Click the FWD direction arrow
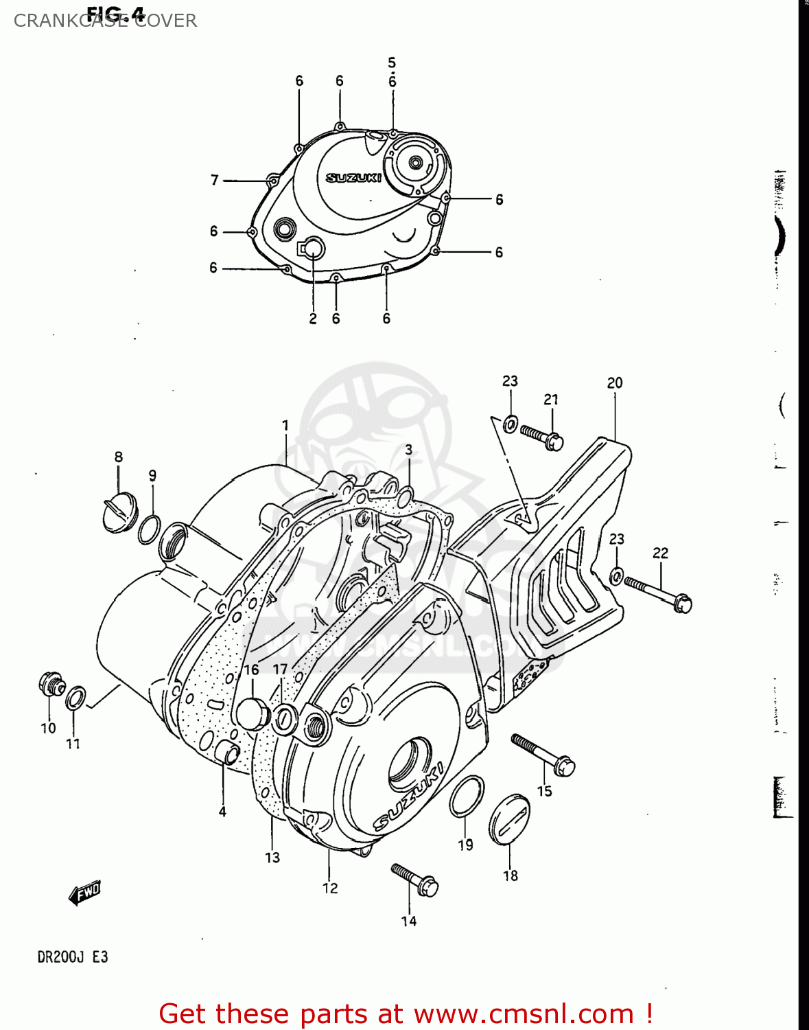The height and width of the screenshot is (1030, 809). pyautogui.click(x=85, y=893)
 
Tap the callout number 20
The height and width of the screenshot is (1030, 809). pyautogui.click(x=614, y=383)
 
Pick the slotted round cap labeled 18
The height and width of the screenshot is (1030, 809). pyautogui.click(x=509, y=820)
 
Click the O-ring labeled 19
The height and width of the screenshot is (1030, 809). pyautogui.click(x=467, y=797)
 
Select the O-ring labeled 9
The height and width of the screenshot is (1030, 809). pyautogui.click(x=150, y=529)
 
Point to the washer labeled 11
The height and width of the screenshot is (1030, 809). pyautogui.click(x=75, y=699)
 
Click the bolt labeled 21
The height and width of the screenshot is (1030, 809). pyautogui.click(x=542, y=437)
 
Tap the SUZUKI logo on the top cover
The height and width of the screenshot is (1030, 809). pyautogui.click(x=353, y=178)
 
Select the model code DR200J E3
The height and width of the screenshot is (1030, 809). pyautogui.click(x=72, y=957)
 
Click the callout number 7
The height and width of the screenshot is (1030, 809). pyautogui.click(x=215, y=180)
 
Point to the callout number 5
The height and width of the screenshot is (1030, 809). pyautogui.click(x=392, y=62)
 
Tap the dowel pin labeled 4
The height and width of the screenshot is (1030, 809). pyautogui.click(x=227, y=753)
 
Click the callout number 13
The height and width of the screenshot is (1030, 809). pyautogui.click(x=272, y=857)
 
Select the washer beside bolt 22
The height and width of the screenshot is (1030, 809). pyautogui.click(x=617, y=575)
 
